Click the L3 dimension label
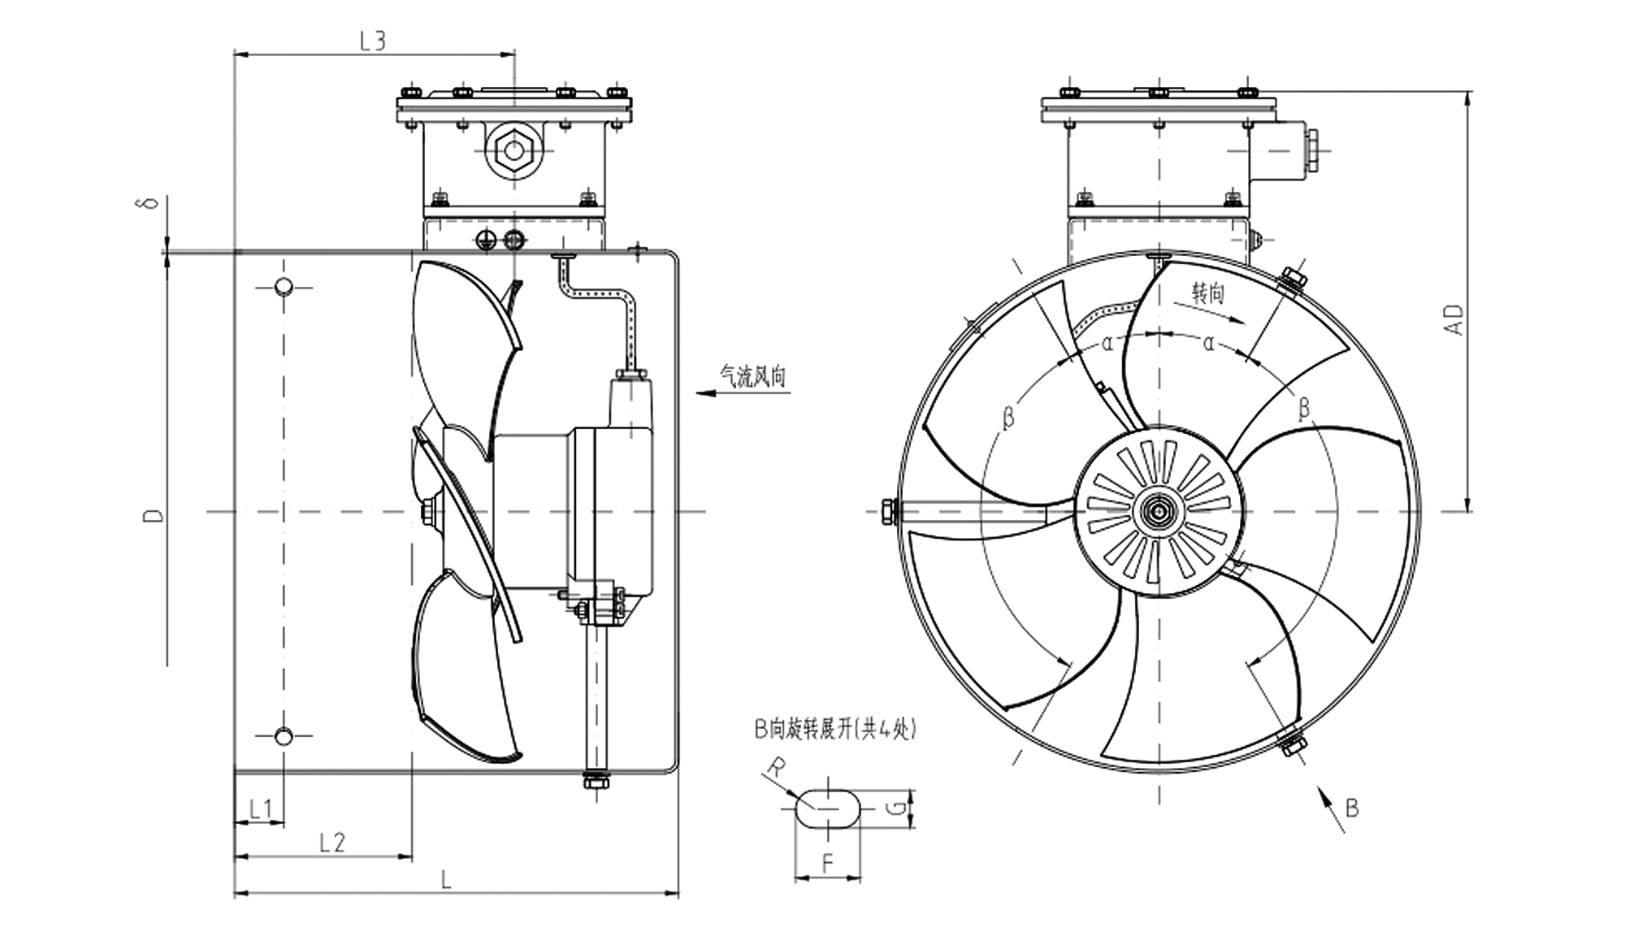(372, 41)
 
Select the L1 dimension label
(260, 808)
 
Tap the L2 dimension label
(331, 843)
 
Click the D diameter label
(154, 515)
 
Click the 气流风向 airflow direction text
(753, 377)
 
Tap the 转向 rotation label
(1207, 293)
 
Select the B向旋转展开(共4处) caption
(835, 730)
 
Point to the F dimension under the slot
(828, 864)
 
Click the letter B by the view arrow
(1352, 808)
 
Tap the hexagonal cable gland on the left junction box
(513, 150)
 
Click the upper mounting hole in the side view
(284, 287)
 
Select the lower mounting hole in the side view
(284, 737)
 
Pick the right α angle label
(1209, 344)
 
